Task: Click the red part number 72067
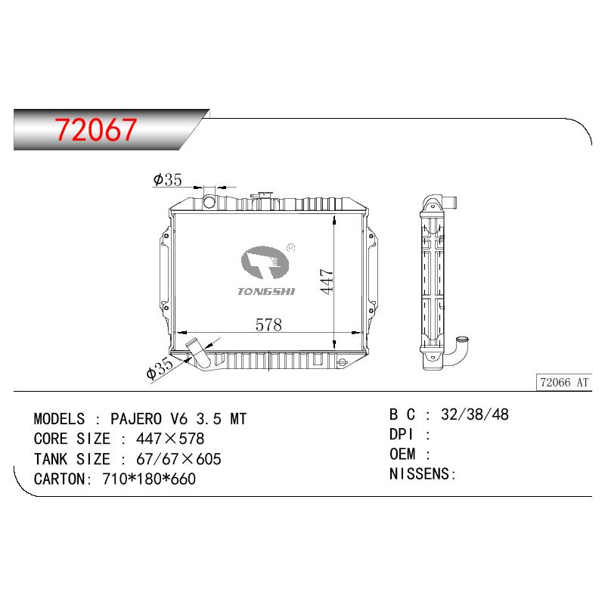pos(96,129)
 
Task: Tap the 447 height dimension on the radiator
pos(327,281)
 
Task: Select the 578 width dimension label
pos(268,325)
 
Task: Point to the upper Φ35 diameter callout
pos(167,180)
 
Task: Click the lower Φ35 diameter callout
pos(160,368)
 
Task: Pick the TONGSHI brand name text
pos(266,292)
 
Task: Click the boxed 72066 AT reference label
pos(564,383)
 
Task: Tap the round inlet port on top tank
pos(209,202)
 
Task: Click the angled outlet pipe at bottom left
pos(198,353)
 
